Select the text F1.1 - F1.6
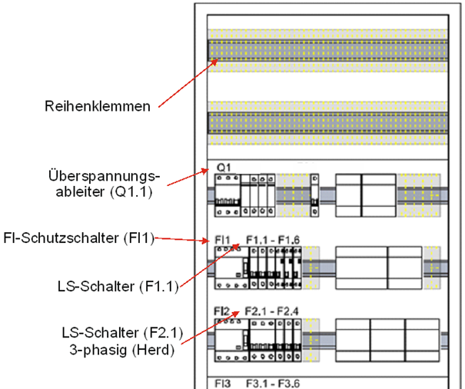point(273,239)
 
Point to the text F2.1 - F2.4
point(273,311)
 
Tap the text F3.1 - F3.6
point(273,381)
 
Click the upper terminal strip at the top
point(326,50)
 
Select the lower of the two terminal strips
point(326,121)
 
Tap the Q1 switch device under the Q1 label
point(227,194)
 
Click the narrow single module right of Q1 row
point(314,194)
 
